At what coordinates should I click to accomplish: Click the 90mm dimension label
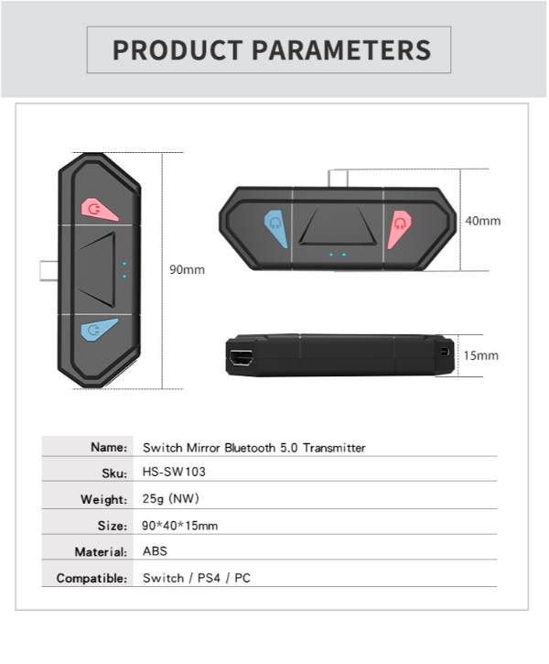[x=187, y=269]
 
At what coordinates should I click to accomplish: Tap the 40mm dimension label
[x=483, y=221]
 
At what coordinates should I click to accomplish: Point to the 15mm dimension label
[x=481, y=355]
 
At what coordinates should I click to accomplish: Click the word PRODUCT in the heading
[x=178, y=50]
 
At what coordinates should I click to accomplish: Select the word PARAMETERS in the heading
[x=341, y=50]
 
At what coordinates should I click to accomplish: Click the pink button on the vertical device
[x=99, y=209]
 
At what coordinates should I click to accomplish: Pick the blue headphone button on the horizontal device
[x=276, y=228]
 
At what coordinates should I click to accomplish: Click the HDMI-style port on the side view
[x=241, y=358]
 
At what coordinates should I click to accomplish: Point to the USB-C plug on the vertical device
[x=48, y=271]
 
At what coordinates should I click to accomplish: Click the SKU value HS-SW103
[x=174, y=472]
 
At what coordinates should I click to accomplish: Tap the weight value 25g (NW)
[x=170, y=498]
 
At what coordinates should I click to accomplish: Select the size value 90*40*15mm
[x=179, y=526]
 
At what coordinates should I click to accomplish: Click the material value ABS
[x=155, y=551]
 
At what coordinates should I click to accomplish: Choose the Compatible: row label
[x=91, y=578]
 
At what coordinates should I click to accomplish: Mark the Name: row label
[x=109, y=447]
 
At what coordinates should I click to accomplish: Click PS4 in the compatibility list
[x=209, y=578]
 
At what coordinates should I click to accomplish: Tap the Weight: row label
[x=104, y=499]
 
